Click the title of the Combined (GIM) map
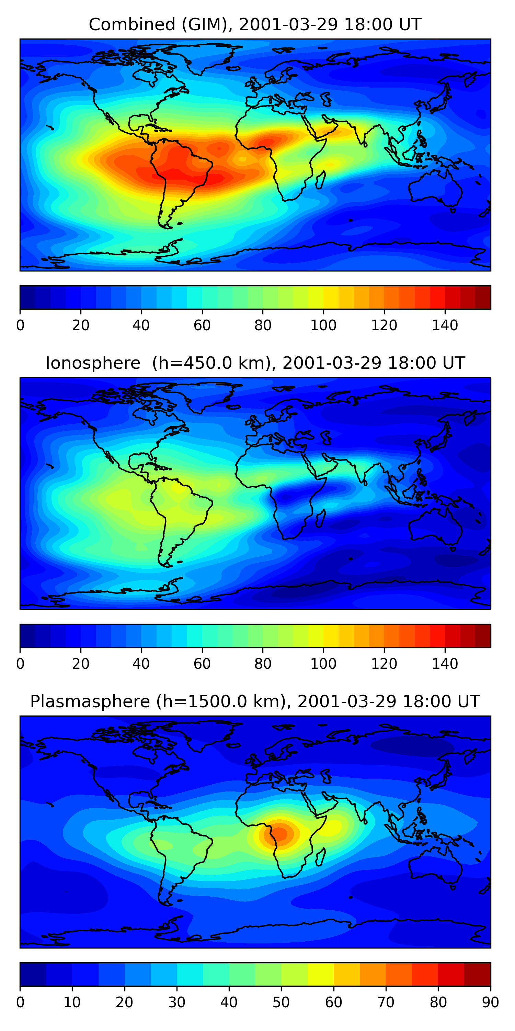255,24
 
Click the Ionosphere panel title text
255,363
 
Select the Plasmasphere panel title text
255,702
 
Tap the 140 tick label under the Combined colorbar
445,325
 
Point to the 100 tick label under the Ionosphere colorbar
323,664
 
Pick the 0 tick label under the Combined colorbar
20,325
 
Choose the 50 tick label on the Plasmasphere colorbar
281,1002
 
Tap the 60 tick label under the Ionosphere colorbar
202,664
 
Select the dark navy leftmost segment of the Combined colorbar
27,297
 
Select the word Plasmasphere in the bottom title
90,702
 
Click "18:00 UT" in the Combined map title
382,24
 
